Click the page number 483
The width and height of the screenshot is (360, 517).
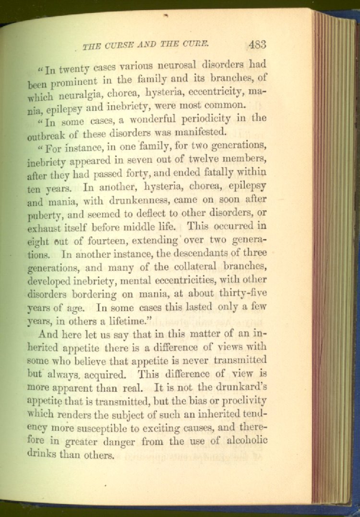[x=257, y=44]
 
